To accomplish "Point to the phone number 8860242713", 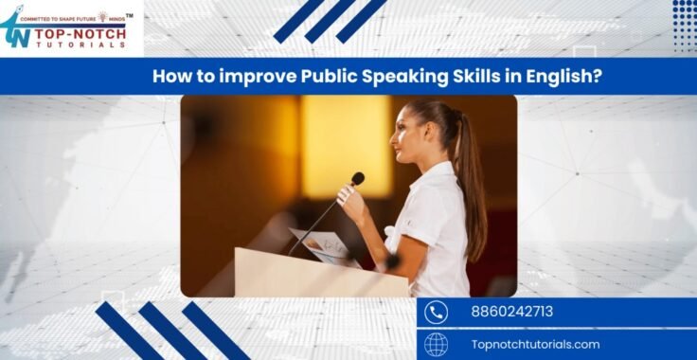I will [x=511, y=312].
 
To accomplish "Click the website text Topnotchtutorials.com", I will [x=535, y=344].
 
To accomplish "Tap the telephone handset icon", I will [x=436, y=312].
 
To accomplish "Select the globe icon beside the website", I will [x=436, y=344].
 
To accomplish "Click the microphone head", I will [x=357, y=178].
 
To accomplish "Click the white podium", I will [x=303, y=275].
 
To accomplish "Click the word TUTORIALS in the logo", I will [x=80, y=43].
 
